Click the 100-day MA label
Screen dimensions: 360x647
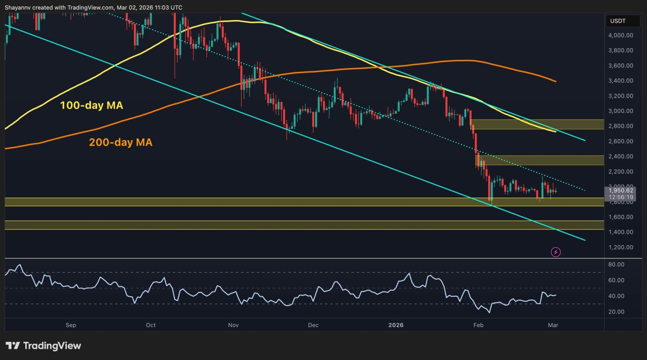click(x=91, y=105)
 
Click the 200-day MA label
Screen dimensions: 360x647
click(x=120, y=142)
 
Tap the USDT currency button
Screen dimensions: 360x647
click(x=618, y=21)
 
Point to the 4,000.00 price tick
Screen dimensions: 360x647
click(x=620, y=35)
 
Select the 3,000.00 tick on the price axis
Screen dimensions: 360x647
click(x=620, y=111)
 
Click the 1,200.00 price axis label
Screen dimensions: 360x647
click(x=620, y=247)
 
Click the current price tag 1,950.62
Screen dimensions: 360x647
click(x=620, y=191)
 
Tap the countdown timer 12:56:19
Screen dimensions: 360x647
click(x=620, y=197)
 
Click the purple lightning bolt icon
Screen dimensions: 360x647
click(x=556, y=252)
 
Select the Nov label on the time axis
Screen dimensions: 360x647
click(x=233, y=325)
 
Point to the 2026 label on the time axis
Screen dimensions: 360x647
click(x=396, y=325)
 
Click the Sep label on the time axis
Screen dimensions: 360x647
click(x=71, y=325)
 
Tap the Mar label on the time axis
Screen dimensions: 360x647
click(x=553, y=325)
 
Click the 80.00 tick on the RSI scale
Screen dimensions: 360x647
click(x=616, y=264)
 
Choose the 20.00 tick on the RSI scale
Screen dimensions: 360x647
click(x=616, y=312)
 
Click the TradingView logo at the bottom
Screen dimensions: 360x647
click(x=43, y=346)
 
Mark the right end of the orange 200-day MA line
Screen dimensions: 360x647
click(x=556, y=81)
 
